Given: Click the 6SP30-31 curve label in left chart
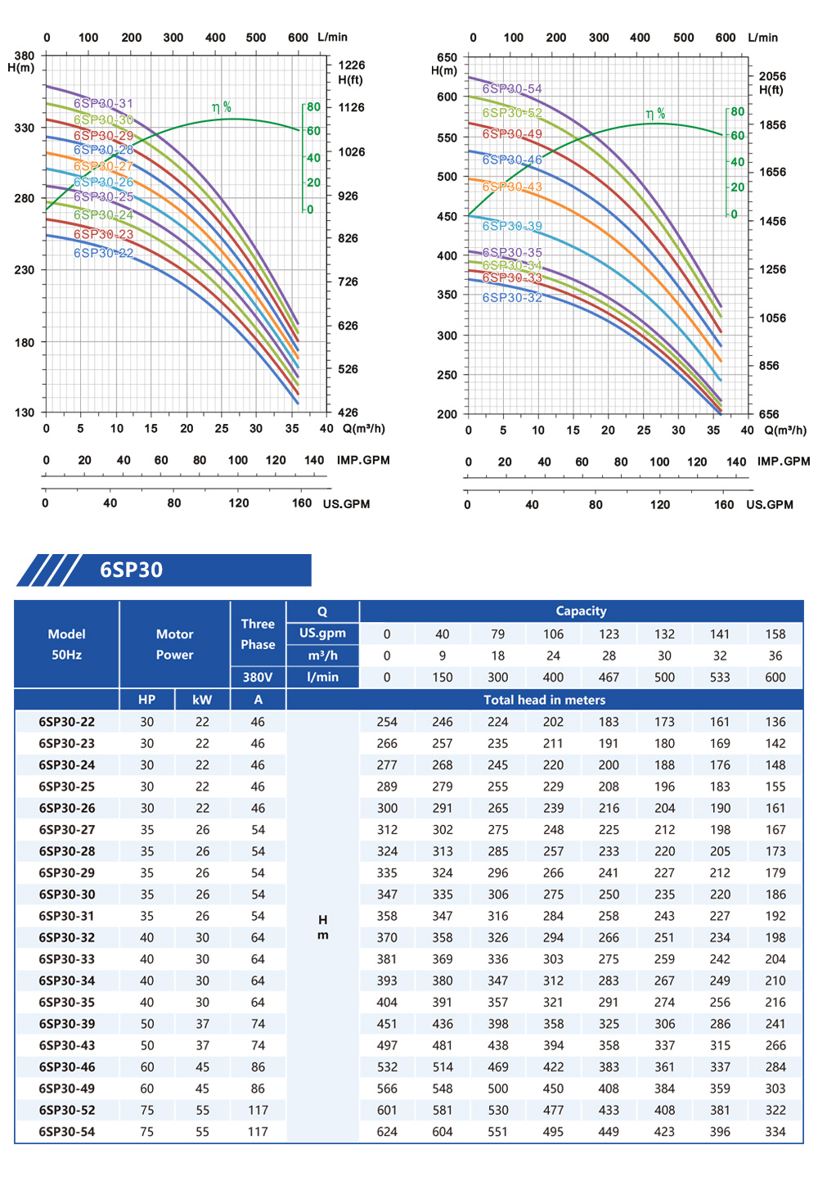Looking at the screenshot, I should pos(103,104).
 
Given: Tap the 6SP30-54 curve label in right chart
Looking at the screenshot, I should pos(512,89).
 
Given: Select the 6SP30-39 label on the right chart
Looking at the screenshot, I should pos(512,227).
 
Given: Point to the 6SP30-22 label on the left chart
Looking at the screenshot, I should pos(103,254).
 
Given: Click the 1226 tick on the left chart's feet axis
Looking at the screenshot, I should pos(352,65).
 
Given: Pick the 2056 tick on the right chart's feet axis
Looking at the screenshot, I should pos(772,76).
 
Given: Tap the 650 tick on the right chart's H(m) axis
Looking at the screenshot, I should pos(447,57).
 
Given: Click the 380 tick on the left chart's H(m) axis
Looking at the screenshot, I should pos(25,56).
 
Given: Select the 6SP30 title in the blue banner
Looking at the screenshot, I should pos(131,570).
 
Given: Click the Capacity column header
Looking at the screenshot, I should pos(581,611).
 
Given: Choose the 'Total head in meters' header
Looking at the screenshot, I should pos(544,700).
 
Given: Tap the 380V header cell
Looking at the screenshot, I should pos(258,677).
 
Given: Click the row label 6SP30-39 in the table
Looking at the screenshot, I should pos(67,1024).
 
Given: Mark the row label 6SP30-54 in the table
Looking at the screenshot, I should pos(67,1132).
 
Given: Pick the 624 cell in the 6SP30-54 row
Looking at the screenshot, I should pos(387,1132).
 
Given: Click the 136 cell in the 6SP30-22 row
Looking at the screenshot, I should pos(775,722).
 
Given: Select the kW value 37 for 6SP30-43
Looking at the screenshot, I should pos(202,1045).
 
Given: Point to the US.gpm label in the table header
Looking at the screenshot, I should pos(322,633).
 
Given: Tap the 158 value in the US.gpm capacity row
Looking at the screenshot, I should pos(775,634).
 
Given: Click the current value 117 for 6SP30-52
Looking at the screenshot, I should pos(258,1111).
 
